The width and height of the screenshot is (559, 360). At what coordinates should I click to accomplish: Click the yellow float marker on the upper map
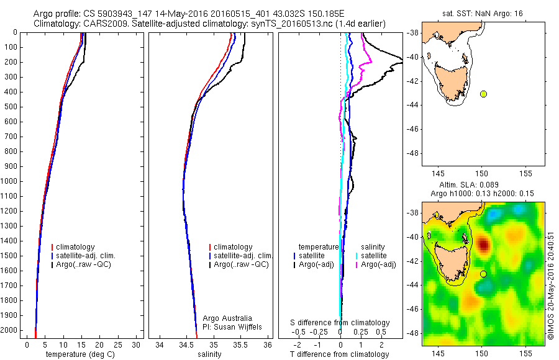483,94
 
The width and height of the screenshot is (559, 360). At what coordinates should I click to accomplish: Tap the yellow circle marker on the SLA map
483,274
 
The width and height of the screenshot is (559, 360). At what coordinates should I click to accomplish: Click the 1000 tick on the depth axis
13,181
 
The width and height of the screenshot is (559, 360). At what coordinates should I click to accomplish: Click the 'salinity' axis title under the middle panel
209,354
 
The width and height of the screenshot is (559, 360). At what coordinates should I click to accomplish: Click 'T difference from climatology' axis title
340,354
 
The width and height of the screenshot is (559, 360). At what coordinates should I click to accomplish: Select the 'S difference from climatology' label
340,323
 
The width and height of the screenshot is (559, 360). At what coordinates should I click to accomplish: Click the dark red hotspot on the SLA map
483,243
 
